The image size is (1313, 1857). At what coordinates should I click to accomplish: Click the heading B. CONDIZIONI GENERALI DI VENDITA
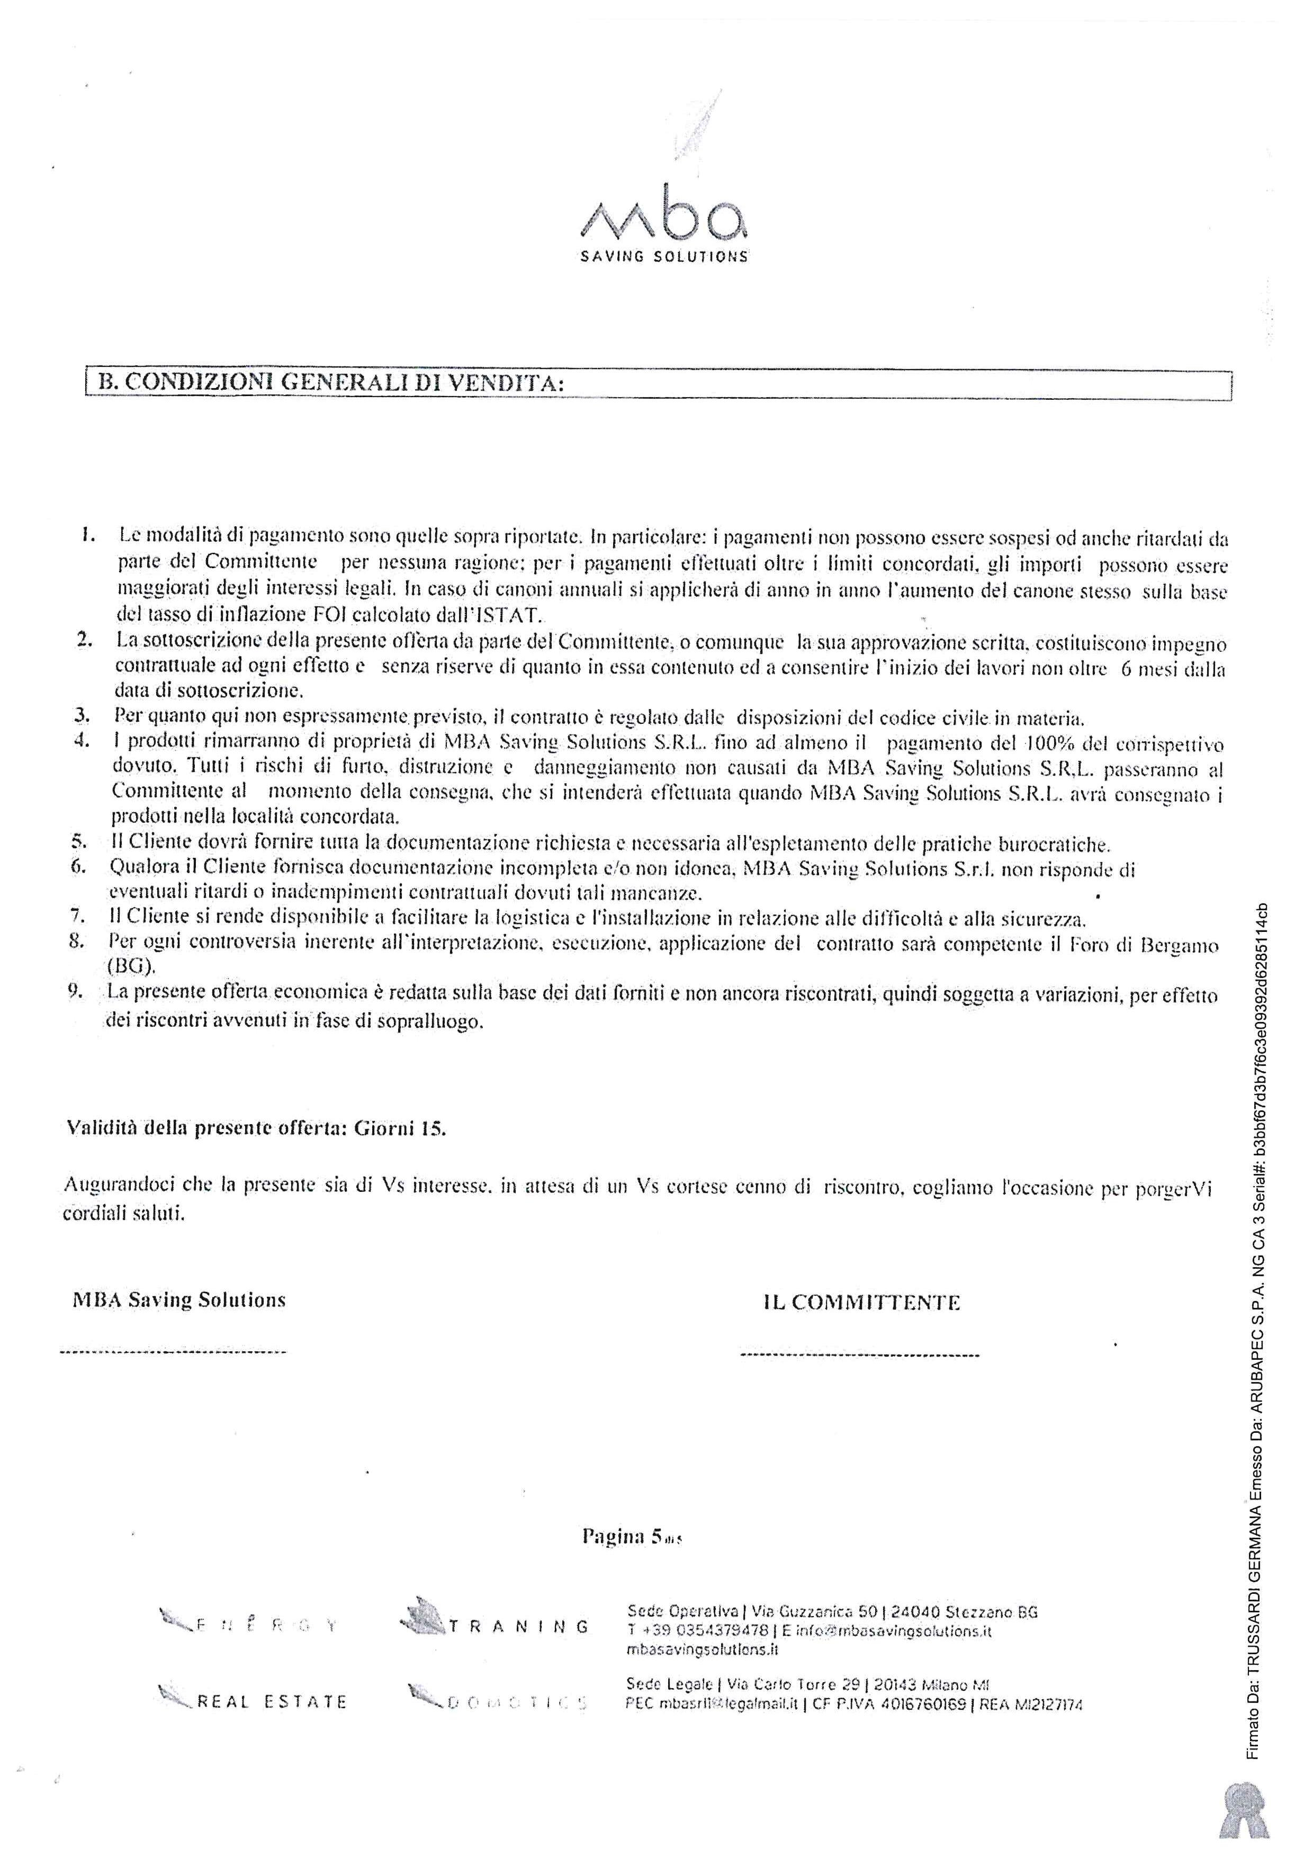coord(329,382)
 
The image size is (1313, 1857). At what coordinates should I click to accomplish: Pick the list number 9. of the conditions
coord(78,993)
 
